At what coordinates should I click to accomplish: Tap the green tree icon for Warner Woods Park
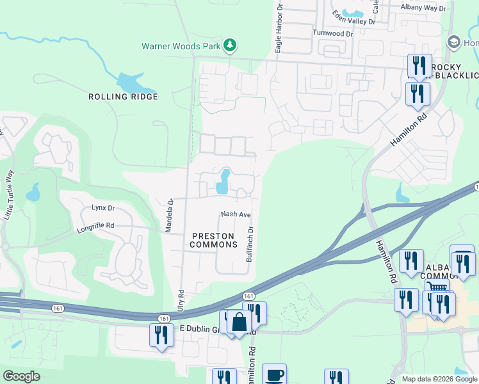point(230,45)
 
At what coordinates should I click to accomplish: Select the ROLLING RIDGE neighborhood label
point(123,97)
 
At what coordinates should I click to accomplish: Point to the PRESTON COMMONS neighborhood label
point(215,240)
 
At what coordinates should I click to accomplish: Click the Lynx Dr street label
point(102,208)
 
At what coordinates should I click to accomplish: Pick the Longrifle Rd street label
point(95,226)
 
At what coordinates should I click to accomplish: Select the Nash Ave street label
point(235,214)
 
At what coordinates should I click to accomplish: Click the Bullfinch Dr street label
point(250,244)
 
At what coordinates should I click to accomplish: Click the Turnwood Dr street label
point(332,33)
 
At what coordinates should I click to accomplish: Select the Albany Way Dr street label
point(423,8)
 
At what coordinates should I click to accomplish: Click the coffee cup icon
point(274,375)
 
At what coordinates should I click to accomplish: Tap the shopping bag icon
point(239,321)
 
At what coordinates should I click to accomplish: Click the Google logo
point(21,376)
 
